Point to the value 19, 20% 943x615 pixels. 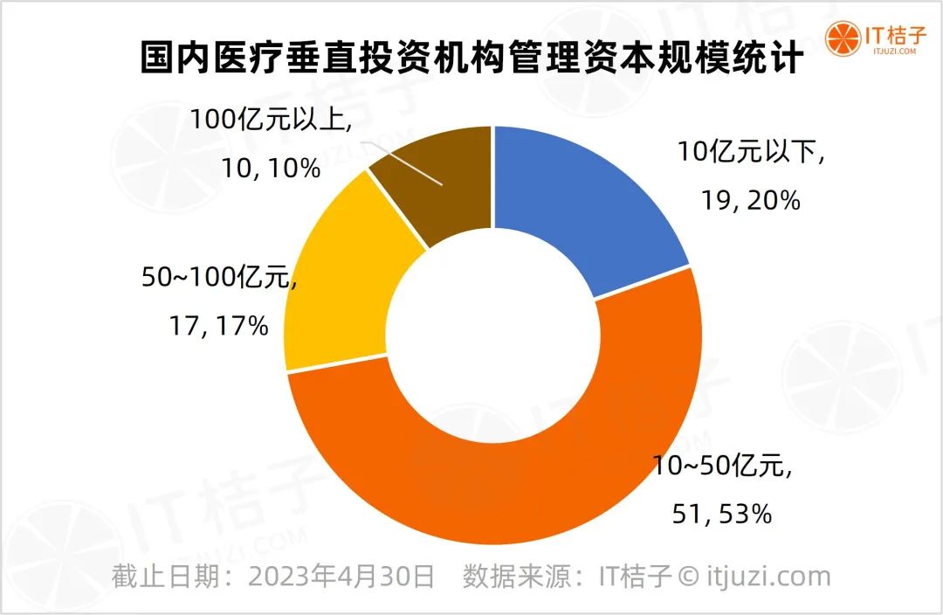(x=748, y=200)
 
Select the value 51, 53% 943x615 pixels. (x=724, y=514)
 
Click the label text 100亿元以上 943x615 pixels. (x=272, y=120)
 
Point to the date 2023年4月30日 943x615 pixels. (x=341, y=577)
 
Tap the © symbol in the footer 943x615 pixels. (x=688, y=577)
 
